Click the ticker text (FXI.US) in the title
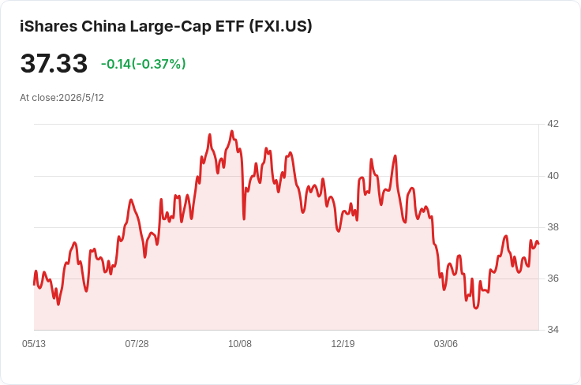280,26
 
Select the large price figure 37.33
54,63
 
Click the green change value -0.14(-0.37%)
144,64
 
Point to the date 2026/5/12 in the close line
81,98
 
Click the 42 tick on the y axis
553,124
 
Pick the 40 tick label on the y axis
553,176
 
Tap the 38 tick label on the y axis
553,227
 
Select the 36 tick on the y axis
553,278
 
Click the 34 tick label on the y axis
553,330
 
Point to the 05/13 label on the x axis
34,344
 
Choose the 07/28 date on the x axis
137,344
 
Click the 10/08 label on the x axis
240,344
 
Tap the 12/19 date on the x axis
343,344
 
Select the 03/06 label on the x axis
446,344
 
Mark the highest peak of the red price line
232,131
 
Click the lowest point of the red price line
476,308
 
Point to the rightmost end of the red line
538,244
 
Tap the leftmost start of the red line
34,284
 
